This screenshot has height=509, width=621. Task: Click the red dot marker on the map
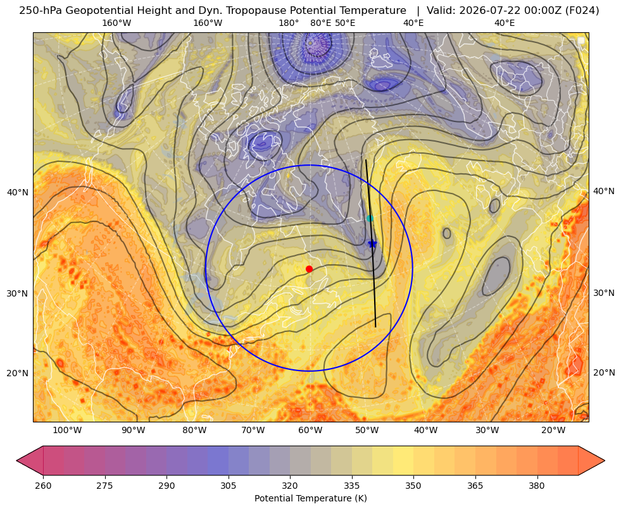coord(310,269)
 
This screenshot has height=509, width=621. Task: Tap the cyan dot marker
coord(370,218)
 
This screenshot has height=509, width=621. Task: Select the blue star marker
coord(372,243)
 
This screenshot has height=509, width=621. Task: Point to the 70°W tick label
coord(253,430)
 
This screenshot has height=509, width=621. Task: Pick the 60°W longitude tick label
coord(310,430)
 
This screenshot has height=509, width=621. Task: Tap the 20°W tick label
coord(553,430)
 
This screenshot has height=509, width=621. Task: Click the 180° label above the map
coord(289,23)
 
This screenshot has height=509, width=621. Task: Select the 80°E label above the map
coord(321,23)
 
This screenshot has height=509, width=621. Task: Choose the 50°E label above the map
coord(346,23)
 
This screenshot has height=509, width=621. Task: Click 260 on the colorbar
coord(43,485)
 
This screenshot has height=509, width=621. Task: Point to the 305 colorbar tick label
coord(228,485)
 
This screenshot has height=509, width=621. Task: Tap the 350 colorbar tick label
coord(413,485)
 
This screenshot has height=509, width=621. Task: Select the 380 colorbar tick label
coord(537,485)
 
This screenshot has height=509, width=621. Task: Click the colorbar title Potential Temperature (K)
coord(310,498)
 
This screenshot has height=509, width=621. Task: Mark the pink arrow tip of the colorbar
coord(16,460)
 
